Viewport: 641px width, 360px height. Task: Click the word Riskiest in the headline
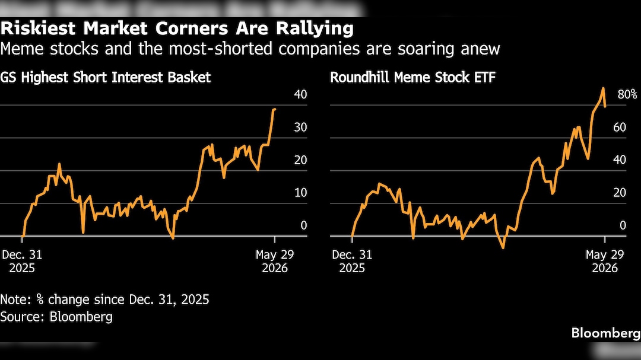point(38,28)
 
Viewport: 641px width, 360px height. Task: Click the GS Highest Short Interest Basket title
point(106,77)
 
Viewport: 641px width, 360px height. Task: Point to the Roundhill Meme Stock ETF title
point(412,77)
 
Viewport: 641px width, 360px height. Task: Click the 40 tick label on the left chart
point(300,94)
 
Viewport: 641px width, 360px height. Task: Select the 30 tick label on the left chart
point(300,127)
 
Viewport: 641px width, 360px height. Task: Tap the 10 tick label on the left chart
point(300,193)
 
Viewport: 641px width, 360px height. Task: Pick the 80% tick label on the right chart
point(627,94)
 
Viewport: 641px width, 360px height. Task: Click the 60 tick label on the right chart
point(620,127)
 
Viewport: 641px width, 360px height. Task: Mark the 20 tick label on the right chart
point(620,193)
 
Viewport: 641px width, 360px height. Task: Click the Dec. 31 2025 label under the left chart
point(22,261)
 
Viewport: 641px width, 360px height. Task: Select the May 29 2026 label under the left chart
point(275,261)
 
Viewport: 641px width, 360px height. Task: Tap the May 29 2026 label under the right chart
point(605,261)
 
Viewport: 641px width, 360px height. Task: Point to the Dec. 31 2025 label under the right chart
point(352,261)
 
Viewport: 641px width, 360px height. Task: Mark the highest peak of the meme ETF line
point(603,88)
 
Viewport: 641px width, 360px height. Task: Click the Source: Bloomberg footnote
point(56,317)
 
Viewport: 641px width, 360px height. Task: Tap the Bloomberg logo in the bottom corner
point(606,333)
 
